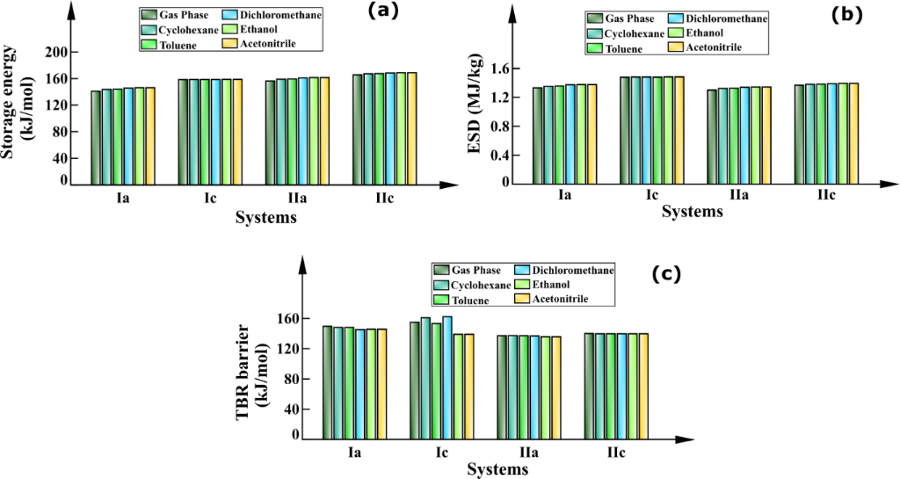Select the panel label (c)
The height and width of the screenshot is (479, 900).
[x=665, y=273]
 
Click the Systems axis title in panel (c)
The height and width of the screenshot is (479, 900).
[x=497, y=469]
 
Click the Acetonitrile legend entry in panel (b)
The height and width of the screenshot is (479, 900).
[x=715, y=47]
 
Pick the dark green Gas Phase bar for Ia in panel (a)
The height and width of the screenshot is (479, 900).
[x=96, y=138]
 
